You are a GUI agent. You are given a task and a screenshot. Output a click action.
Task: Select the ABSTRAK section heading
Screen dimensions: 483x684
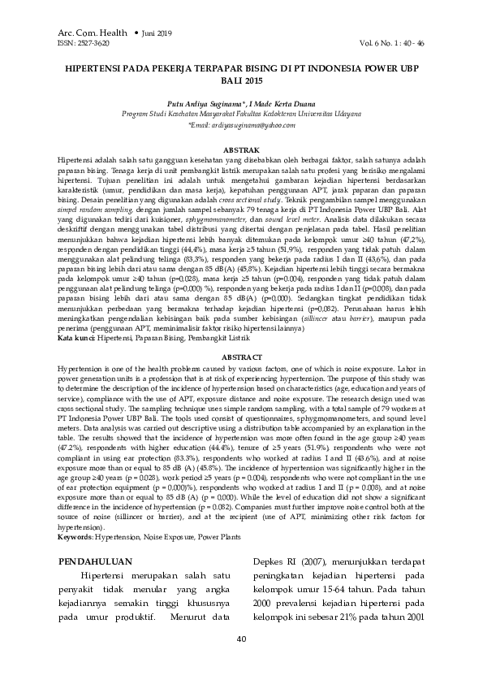(x=241, y=151)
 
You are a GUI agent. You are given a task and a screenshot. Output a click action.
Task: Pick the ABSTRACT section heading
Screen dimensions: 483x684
(x=241, y=357)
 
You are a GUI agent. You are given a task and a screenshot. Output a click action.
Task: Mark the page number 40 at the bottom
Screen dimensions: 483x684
(x=241, y=639)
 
